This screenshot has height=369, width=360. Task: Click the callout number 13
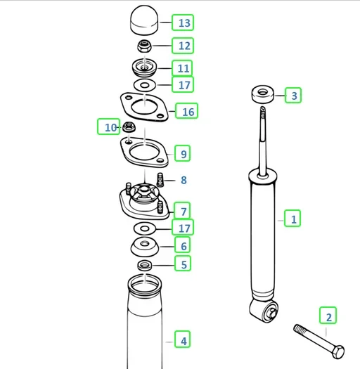[x=183, y=22]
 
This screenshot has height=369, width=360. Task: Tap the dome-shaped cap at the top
[x=144, y=20]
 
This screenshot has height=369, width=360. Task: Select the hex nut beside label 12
[x=144, y=46]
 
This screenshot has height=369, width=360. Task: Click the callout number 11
[x=182, y=68]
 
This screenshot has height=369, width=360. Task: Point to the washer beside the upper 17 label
[x=145, y=85]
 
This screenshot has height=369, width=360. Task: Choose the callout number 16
[x=187, y=111]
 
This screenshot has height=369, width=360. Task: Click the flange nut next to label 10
[x=129, y=127]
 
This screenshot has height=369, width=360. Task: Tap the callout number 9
[x=183, y=153]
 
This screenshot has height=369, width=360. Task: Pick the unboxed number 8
[x=184, y=180]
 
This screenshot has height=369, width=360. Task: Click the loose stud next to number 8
[x=160, y=180]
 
